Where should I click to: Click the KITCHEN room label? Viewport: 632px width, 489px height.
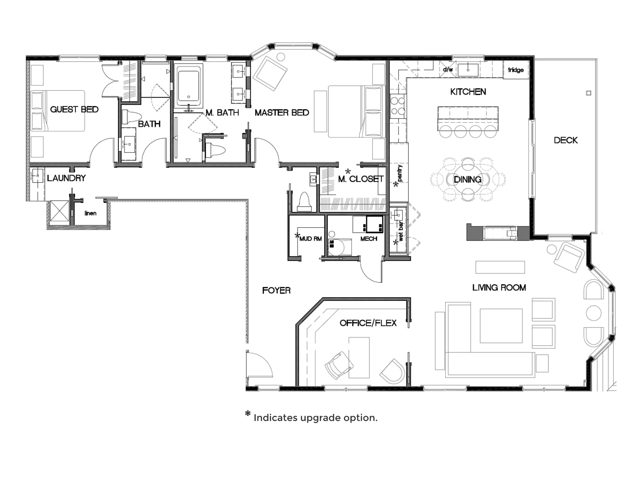pyautogui.click(x=468, y=92)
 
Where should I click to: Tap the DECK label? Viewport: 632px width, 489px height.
pyautogui.click(x=566, y=140)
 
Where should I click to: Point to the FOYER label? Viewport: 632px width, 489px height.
pyautogui.click(x=276, y=290)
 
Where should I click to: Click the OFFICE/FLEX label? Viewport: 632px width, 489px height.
pyautogui.click(x=368, y=323)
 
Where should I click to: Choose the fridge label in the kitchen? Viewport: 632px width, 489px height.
pyautogui.click(x=516, y=70)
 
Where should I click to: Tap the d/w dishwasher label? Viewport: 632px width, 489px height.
pyautogui.click(x=448, y=70)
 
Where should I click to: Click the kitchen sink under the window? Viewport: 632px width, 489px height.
pyautogui.click(x=468, y=70)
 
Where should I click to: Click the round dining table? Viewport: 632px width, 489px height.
pyautogui.click(x=468, y=179)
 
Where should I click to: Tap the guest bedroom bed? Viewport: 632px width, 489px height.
pyautogui.click(x=58, y=111)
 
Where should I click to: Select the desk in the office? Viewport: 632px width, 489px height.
pyautogui.click(x=359, y=357)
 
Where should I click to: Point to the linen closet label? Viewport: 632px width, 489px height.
pyautogui.click(x=90, y=213)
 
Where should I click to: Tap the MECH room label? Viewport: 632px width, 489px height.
pyautogui.click(x=369, y=239)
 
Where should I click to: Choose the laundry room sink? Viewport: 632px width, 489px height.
pyautogui.click(x=37, y=175)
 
